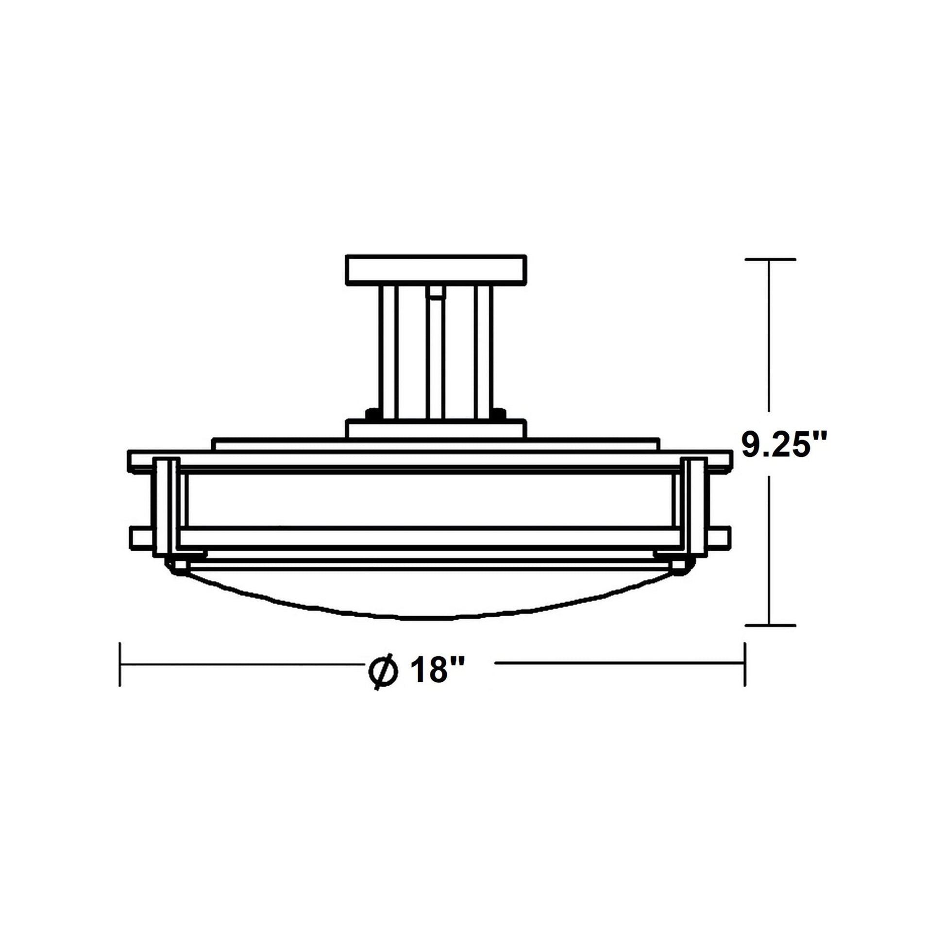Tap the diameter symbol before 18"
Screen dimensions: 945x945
(x=382, y=670)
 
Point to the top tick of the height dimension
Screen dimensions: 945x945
(x=770, y=259)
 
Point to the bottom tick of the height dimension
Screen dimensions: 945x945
(x=770, y=625)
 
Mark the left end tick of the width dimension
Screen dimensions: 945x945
(x=120, y=664)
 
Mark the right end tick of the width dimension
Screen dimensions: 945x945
(x=745, y=664)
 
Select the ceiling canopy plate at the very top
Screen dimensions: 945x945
(x=436, y=270)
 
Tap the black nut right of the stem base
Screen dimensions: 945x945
(x=499, y=414)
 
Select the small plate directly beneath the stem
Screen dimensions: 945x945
(x=436, y=428)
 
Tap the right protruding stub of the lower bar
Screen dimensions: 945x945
(x=719, y=538)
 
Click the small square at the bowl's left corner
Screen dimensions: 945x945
(x=180, y=565)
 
